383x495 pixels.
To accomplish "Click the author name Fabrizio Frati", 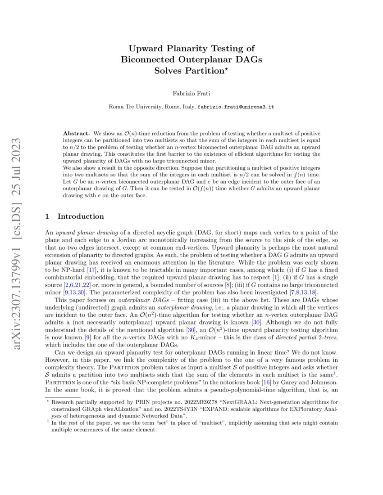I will pyautogui.click(x=191, y=93).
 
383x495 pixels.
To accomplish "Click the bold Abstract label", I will pyautogui.click(x=76, y=134).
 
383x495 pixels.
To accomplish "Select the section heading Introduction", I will pyautogui.click(x=81, y=216).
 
